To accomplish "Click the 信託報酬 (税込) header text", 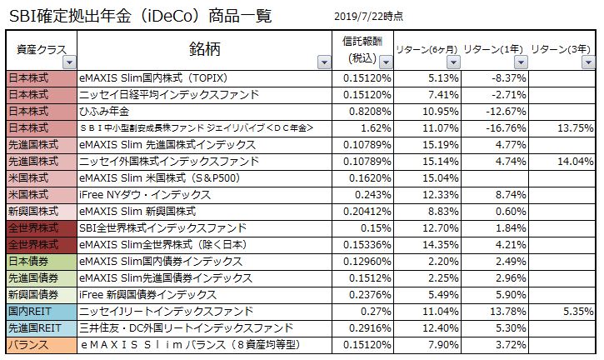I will [x=365, y=49].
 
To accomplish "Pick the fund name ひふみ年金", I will [x=103, y=111].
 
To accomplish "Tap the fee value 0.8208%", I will [x=367, y=111].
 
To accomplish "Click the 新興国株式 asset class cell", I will [x=32, y=211].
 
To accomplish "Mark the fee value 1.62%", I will [x=377, y=127].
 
